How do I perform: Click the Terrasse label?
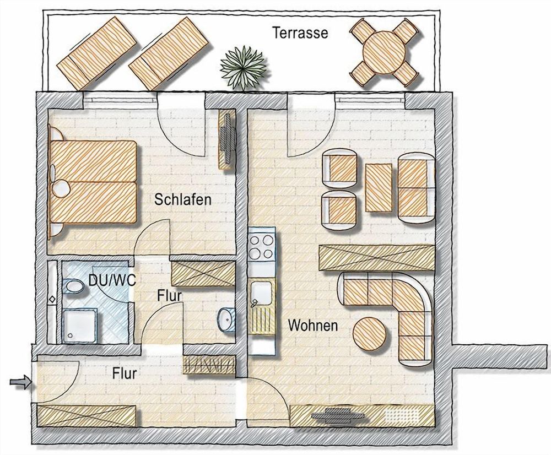[300, 32]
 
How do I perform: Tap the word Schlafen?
[183, 200]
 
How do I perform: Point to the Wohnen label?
[313, 326]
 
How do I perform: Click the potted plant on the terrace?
[242, 66]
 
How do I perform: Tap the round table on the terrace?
[386, 53]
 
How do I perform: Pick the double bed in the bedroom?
[93, 182]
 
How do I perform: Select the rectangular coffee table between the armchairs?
[379, 188]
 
